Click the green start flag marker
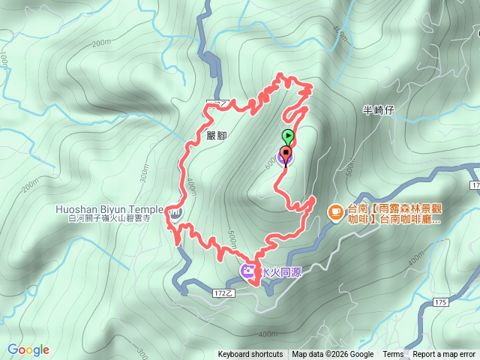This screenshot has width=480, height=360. tap(288, 136)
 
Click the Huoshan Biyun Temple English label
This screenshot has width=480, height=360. tap(109, 209)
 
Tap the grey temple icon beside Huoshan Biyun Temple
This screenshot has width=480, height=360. tap(175, 213)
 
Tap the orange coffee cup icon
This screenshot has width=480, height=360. tap(335, 212)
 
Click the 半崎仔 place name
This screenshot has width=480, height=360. tap(378, 110)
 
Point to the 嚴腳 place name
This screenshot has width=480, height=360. tap(215, 136)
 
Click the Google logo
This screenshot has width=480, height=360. tap(28, 349)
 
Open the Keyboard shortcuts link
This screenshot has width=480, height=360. tap(250, 355)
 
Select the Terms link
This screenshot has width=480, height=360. tap(393, 355)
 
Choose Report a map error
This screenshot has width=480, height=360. tap(444, 355)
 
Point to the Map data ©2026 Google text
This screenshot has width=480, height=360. tap(333, 355)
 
